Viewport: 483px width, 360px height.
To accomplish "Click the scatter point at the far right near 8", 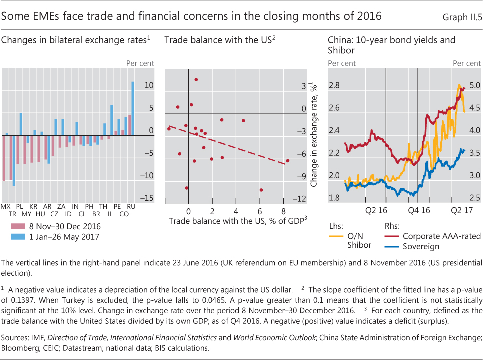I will pos(288,161).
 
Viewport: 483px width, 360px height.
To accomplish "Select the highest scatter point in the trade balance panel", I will pos(196,79).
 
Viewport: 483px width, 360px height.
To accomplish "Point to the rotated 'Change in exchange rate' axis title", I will pos(314,135).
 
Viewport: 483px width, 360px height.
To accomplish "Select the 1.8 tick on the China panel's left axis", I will pos(334,198).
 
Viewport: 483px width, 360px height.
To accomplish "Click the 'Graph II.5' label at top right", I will pos(461,17).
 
